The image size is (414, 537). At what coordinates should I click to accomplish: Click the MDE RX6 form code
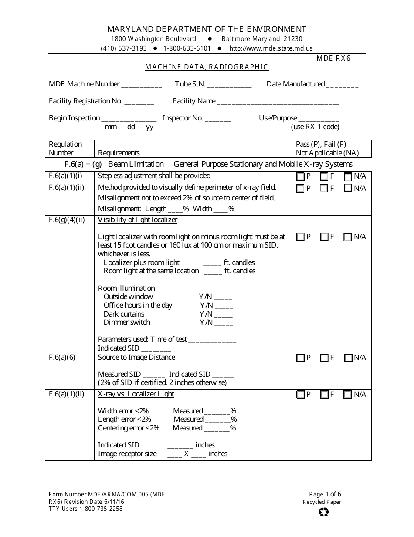point(333,58)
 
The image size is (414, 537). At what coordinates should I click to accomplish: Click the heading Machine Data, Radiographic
point(207,67)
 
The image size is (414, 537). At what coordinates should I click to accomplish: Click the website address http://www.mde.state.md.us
point(271,48)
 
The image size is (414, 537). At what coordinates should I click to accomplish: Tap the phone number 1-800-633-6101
point(187,48)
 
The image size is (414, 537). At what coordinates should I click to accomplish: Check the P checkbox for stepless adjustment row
point(300,177)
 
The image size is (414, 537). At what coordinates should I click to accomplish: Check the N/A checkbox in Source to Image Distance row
point(348,358)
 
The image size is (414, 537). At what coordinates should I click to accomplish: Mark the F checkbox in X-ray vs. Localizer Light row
point(324,395)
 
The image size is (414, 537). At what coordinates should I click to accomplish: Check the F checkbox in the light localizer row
point(324,237)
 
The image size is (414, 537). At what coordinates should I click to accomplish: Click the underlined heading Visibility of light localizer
point(138,220)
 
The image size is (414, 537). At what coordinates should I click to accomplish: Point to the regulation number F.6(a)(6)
point(62,357)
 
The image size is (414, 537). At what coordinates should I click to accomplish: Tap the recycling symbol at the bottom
point(324,512)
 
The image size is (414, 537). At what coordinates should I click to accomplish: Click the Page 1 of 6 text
point(325,494)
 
